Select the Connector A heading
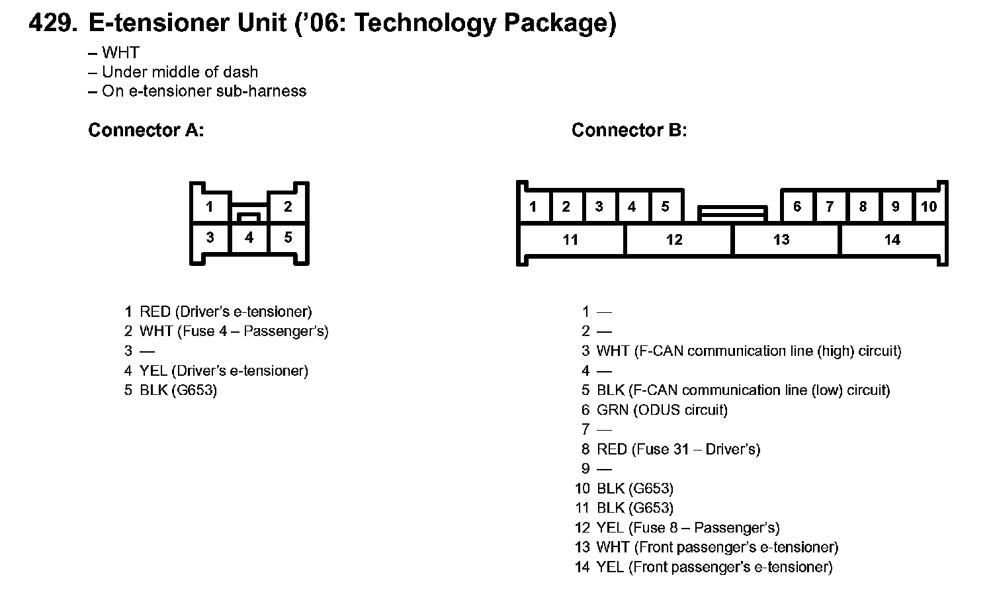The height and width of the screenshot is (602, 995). (x=146, y=130)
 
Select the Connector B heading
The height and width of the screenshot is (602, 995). (x=629, y=130)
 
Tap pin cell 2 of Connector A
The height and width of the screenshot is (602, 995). (x=288, y=206)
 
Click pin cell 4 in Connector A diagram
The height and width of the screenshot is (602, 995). (x=249, y=237)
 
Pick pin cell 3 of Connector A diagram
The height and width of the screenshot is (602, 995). (x=210, y=237)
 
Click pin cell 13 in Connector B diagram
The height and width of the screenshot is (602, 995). (x=781, y=239)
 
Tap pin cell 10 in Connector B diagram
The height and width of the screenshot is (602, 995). (x=929, y=206)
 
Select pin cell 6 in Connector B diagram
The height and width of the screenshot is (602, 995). (x=797, y=206)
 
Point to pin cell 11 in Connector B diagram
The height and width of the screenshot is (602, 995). (x=570, y=239)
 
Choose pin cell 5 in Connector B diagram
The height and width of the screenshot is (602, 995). (x=665, y=206)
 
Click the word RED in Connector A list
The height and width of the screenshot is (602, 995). (x=155, y=312)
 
